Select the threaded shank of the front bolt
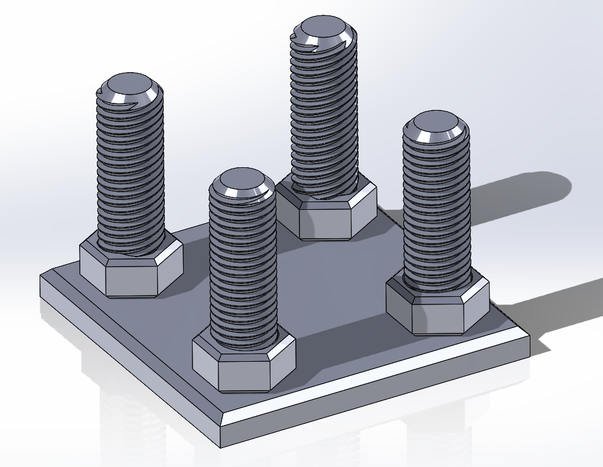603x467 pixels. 243,266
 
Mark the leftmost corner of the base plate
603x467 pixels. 41,278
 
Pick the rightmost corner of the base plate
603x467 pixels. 529,340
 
